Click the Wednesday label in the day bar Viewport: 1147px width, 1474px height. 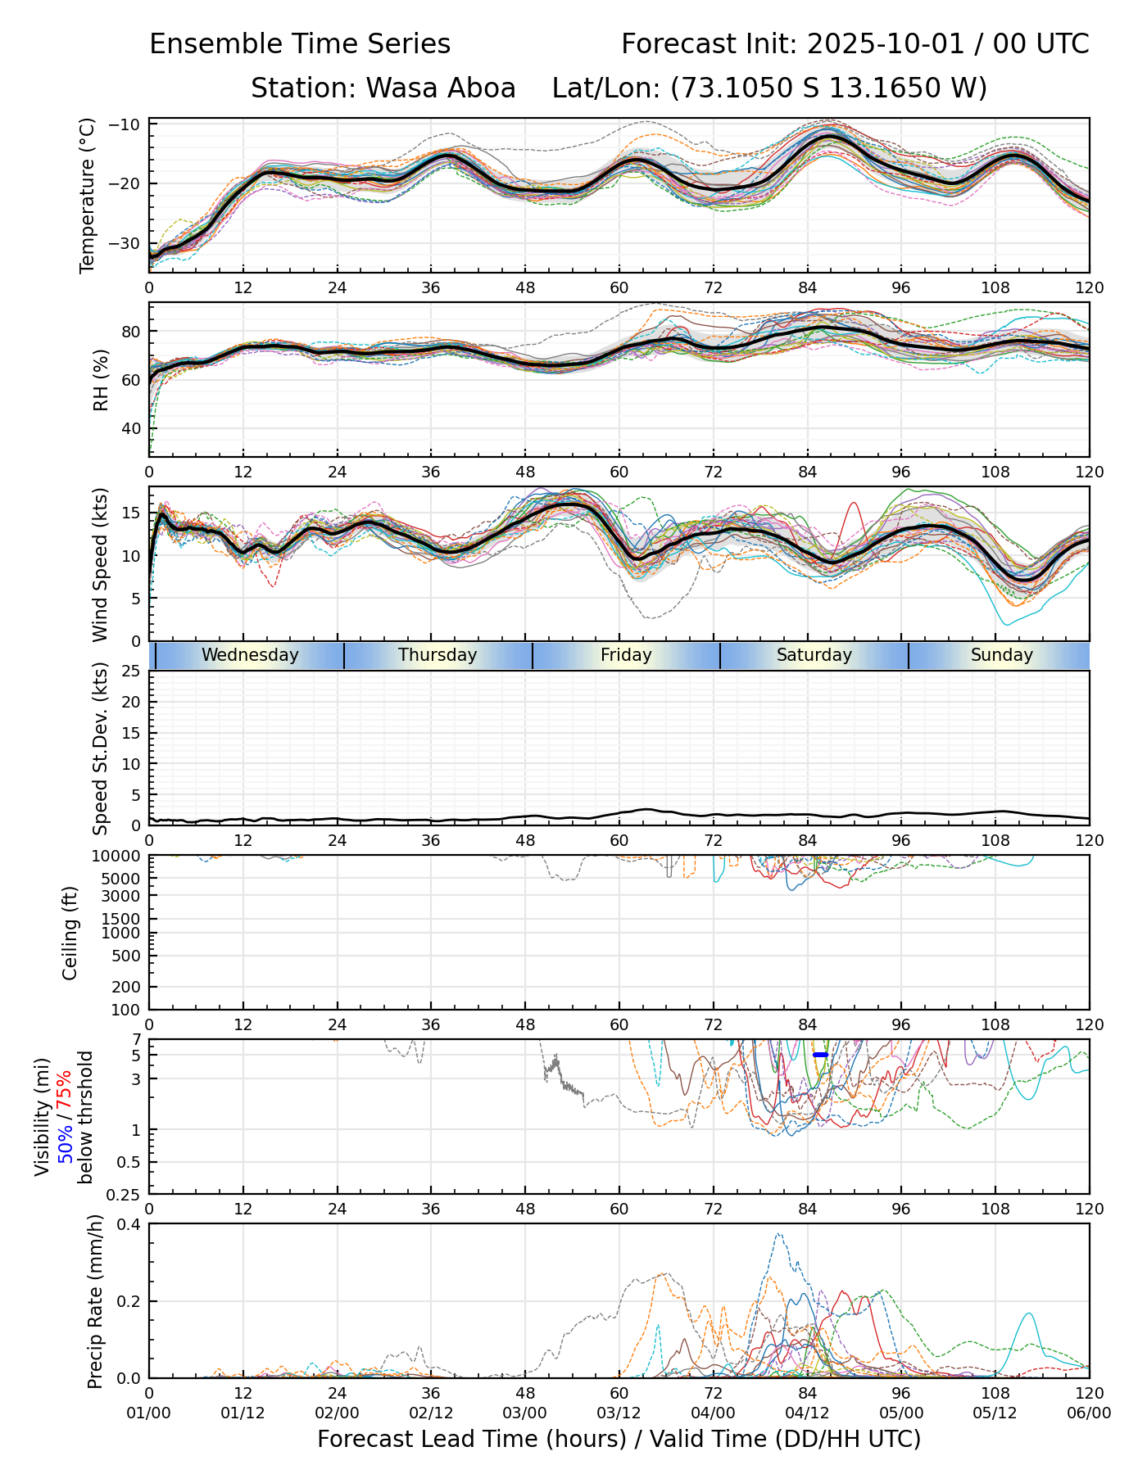point(250,655)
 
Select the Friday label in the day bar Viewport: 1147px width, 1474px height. point(626,655)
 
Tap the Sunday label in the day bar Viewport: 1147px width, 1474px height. point(1001,655)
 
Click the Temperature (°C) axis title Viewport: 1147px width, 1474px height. point(88,195)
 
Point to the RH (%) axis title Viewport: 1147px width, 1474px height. point(101,379)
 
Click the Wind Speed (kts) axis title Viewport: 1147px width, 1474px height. point(101,564)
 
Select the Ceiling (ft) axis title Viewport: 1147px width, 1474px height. point(70,933)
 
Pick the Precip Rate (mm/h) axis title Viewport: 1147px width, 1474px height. point(95,1301)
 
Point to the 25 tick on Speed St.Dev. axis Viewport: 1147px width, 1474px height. point(132,671)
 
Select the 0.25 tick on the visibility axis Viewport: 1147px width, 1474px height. point(125,1194)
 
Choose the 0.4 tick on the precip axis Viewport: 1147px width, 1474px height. point(129,1224)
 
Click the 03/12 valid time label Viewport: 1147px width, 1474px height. point(619,1413)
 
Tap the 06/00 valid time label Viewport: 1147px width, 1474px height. point(1089,1413)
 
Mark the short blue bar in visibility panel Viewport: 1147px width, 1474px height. point(820,1055)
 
